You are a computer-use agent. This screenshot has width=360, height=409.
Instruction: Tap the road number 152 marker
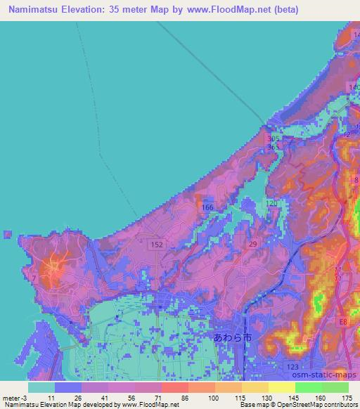coord(157,244)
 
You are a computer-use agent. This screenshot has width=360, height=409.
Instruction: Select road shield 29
coord(252,242)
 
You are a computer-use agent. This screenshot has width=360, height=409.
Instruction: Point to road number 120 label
coord(273,202)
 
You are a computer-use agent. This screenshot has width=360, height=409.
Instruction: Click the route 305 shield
coord(273,139)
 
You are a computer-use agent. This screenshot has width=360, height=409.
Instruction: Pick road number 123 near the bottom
coord(295,366)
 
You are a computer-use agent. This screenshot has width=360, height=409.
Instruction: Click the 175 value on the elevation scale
coord(348,397)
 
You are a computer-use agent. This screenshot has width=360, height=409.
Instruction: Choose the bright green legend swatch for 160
coord(308,387)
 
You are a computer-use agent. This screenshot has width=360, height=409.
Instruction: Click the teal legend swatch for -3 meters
coord(41,387)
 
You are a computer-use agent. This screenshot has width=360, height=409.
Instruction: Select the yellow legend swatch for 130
coord(255,387)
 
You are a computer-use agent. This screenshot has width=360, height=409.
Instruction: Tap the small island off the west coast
coord(7,234)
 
